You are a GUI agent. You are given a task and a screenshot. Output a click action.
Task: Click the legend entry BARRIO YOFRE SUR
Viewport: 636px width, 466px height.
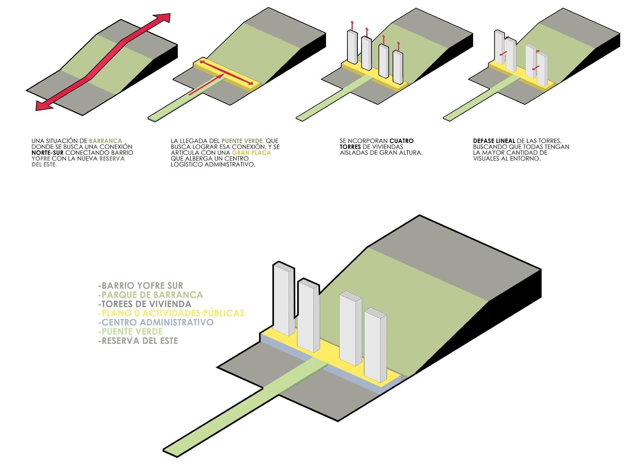pyautogui.click(x=141, y=285)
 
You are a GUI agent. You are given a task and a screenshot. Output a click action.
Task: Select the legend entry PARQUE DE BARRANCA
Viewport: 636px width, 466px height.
pyautogui.click(x=151, y=295)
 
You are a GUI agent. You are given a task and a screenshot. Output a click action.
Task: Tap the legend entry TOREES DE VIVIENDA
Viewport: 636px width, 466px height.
pyautogui.click(x=145, y=304)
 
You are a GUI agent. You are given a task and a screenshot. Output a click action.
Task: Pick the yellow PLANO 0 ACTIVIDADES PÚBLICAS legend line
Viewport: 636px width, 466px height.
pyautogui.click(x=171, y=313)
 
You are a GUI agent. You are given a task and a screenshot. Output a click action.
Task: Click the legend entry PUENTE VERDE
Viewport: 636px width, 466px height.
pyautogui.click(x=131, y=331)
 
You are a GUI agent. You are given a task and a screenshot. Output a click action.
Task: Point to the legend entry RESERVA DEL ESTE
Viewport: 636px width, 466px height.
pyautogui.click(x=138, y=341)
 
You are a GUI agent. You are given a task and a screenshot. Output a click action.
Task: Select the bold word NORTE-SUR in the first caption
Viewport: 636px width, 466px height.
pyautogui.click(x=47, y=153)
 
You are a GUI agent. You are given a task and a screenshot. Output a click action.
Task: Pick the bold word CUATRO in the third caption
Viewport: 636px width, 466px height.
pyautogui.click(x=402, y=141)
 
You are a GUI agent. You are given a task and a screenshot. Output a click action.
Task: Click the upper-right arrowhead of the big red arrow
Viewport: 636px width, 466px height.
pyautogui.click(x=163, y=19)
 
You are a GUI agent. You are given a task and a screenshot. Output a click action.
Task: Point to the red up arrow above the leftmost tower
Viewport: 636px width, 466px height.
pyautogui.click(x=352, y=25)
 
